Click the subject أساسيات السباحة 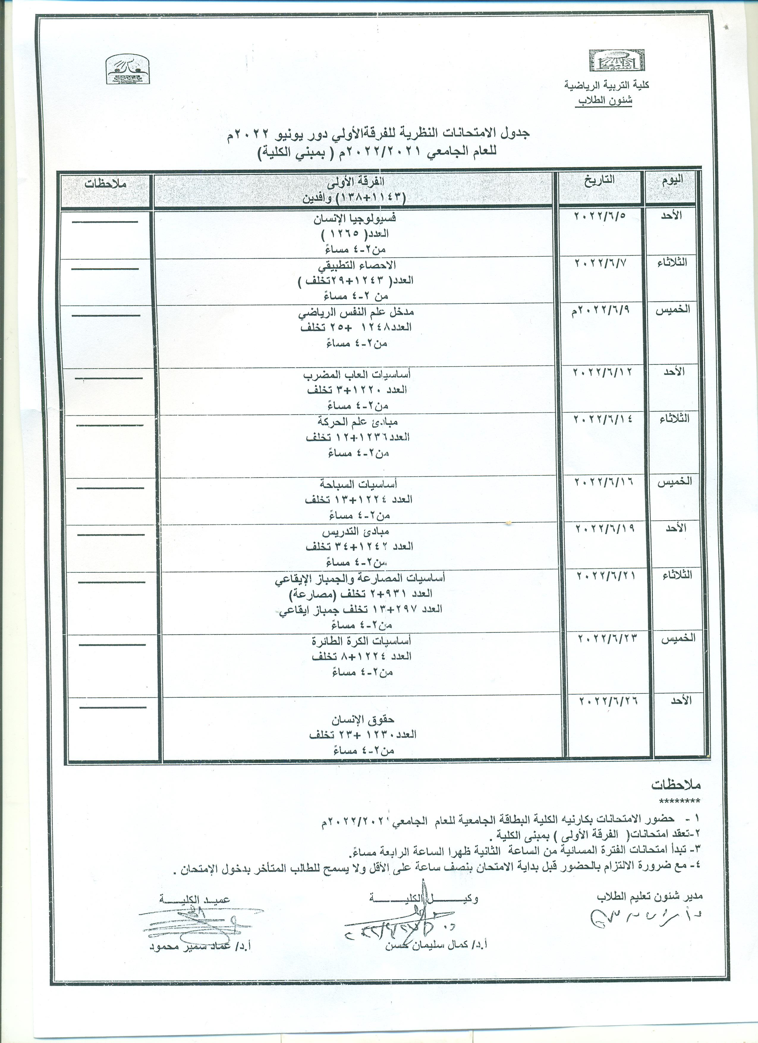[x=359, y=483]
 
